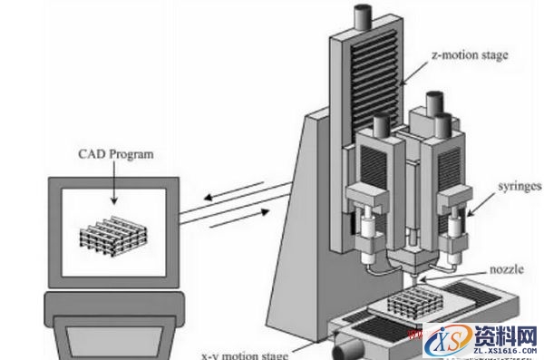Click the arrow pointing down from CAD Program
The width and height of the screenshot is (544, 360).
pyautogui.click(x=112, y=184)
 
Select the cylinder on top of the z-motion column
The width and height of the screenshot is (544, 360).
pyautogui.click(x=361, y=15)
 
